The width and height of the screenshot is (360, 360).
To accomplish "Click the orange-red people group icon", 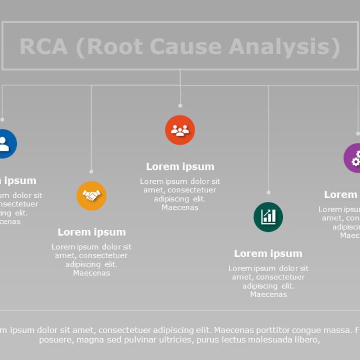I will pyautogui.click(x=180, y=130).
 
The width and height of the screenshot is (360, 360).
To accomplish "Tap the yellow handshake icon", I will pyautogui.click(x=91, y=196).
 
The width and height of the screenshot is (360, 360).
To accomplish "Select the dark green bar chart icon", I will pyautogui.click(x=268, y=217).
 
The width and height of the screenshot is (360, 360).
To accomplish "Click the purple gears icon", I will pyautogui.click(x=354, y=158).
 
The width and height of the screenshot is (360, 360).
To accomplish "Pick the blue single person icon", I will pyautogui.click(x=4, y=144).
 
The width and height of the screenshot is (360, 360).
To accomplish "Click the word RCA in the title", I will pyautogui.click(x=43, y=47).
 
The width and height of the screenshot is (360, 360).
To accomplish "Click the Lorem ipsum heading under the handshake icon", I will pyautogui.click(x=92, y=232).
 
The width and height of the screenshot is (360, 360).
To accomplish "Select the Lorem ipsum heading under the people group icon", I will pyautogui.click(x=180, y=166).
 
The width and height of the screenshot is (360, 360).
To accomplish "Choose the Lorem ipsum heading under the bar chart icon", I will pyautogui.click(x=268, y=253).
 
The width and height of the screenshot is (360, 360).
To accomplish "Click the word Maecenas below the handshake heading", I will pyautogui.click(x=92, y=273).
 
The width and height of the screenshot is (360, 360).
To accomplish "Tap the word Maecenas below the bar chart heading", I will pyautogui.click(x=268, y=294).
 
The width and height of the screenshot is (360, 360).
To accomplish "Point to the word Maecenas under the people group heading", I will pyautogui.click(x=180, y=208).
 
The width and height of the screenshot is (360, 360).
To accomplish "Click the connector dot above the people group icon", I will pyautogui.click(x=180, y=105).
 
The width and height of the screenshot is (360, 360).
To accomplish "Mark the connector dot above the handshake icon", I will pyautogui.click(x=91, y=172).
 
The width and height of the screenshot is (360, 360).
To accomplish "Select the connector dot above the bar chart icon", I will pyautogui.click(x=268, y=192).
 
